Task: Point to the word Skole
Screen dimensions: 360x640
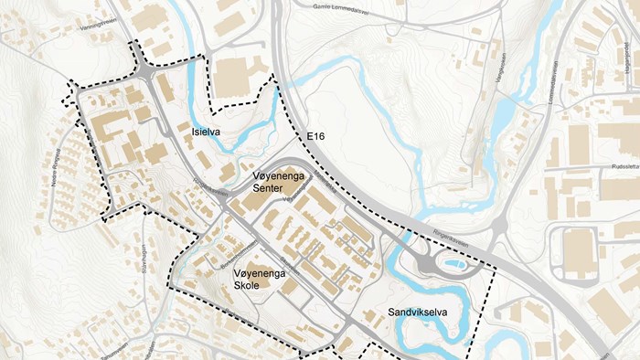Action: coord(247,286)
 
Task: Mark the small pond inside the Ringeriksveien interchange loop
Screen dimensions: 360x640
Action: coord(451,266)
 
